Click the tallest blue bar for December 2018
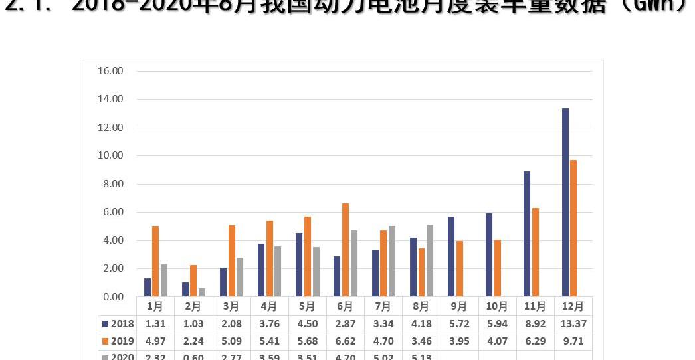pyautogui.click(x=565, y=202)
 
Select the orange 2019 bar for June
pyautogui.click(x=346, y=250)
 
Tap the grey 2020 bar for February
pyautogui.click(x=202, y=292)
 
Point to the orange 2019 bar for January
pyautogui.click(x=155, y=262)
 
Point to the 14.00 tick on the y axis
pyautogui.click(x=110, y=99)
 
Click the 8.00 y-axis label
pyautogui.click(x=110, y=184)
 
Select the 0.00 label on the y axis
pyautogui.click(x=110, y=297)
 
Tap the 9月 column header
pyautogui.click(x=459, y=306)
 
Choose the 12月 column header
pyautogui.click(x=573, y=306)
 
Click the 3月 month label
pyautogui.click(x=231, y=306)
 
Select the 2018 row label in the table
pyautogui.click(x=118, y=324)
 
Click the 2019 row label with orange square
pyautogui.click(x=118, y=341)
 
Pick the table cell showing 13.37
pyautogui.click(x=573, y=324)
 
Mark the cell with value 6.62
pyautogui.click(x=346, y=341)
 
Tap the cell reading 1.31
pyautogui.click(x=155, y=324)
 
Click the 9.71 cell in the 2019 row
pyautogui.click(x=573, y=341)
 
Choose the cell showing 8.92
pyautogui.click(x=536, y=324)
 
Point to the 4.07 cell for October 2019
pyautogui.click(x=497, y=341)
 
